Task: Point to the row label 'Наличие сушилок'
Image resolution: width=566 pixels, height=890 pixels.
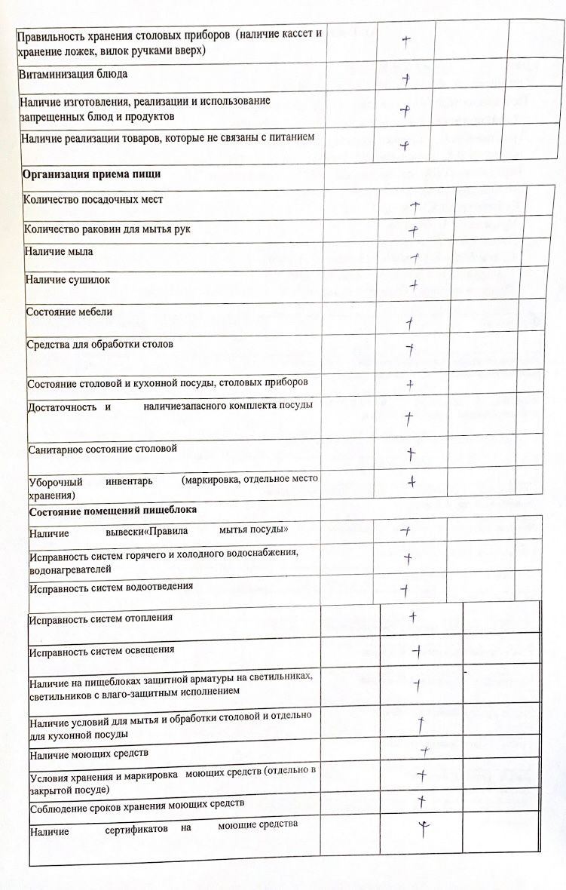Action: pos(68,280)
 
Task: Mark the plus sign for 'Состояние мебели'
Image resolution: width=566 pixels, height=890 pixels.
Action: pos(409,322)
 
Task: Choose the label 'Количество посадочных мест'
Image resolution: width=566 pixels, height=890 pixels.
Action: pos(93,200)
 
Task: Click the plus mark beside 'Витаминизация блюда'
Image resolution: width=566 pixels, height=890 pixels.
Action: pos(405,78)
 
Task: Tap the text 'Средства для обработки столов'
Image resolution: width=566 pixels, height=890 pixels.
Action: pos(100,344)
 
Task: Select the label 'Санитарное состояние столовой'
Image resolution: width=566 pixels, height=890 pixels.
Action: pos(102,449)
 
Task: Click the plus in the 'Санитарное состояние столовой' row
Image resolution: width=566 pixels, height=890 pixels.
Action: pos(411,454)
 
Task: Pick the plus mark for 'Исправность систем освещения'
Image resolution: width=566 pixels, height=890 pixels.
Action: pos(416,650)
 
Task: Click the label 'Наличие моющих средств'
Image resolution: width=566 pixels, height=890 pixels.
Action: pos(88,753)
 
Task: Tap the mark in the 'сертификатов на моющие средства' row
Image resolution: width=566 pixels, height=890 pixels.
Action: pos(424,829)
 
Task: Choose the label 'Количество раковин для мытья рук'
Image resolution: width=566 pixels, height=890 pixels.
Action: pos(102,229)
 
